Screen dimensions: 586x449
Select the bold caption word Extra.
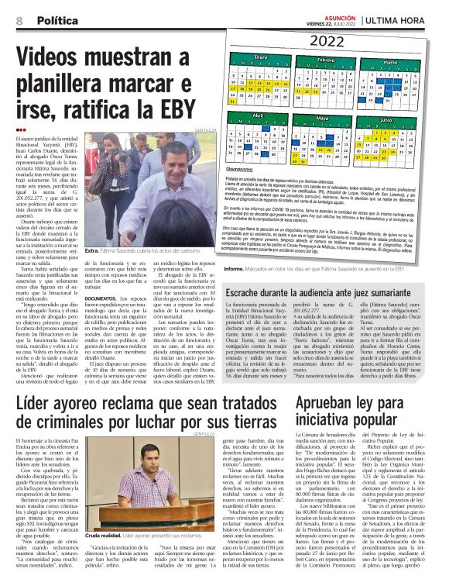[x=92, y=251]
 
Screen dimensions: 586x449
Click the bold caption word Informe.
[x=236, y=270]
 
